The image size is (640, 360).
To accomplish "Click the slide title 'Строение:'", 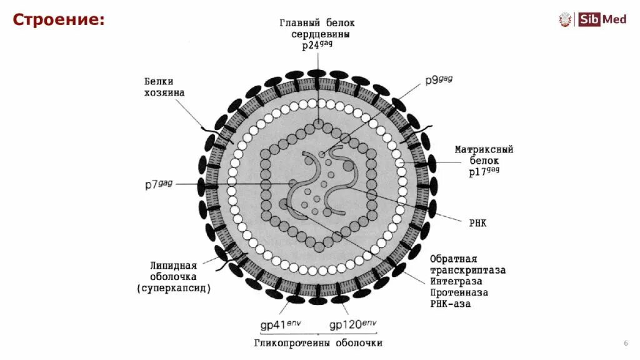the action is (x=59, y=19).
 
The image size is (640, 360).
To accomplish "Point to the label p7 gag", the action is (x=158, y=184).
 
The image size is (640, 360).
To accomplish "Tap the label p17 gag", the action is (x=484, y=171).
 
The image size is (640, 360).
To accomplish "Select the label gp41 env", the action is (x=281, y=324).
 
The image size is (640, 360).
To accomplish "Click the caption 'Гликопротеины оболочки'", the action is (x=318, y=343).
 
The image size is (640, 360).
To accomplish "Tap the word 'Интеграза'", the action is (x=458, y=281).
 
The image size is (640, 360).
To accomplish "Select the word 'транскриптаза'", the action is (x=467, y=270).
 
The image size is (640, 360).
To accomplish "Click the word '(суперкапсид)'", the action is (x=174, y=288).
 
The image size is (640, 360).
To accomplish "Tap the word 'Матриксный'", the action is (x=484, y=150).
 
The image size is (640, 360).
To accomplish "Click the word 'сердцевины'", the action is (x=321, y=35).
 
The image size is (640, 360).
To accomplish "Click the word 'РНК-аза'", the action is (x=451, y=304).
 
